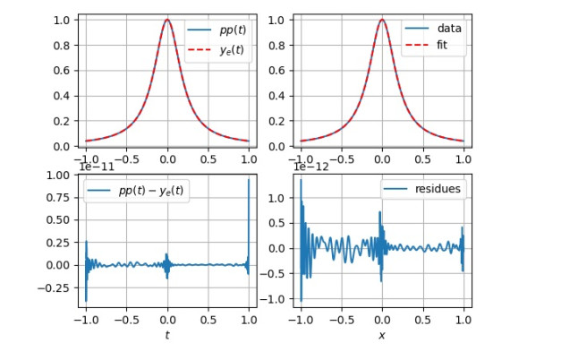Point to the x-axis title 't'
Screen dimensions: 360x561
coord(166,335)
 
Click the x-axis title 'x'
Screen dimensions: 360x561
coord(382,335)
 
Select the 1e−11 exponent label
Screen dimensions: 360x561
coord(98,166)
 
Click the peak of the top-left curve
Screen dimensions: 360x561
coord(167,20)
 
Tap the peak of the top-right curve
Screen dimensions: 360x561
coord(382,20)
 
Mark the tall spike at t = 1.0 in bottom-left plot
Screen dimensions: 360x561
coord(249,180)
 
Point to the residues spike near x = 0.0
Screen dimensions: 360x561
coord(381,213)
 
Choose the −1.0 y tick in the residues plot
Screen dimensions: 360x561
coord(279,299)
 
